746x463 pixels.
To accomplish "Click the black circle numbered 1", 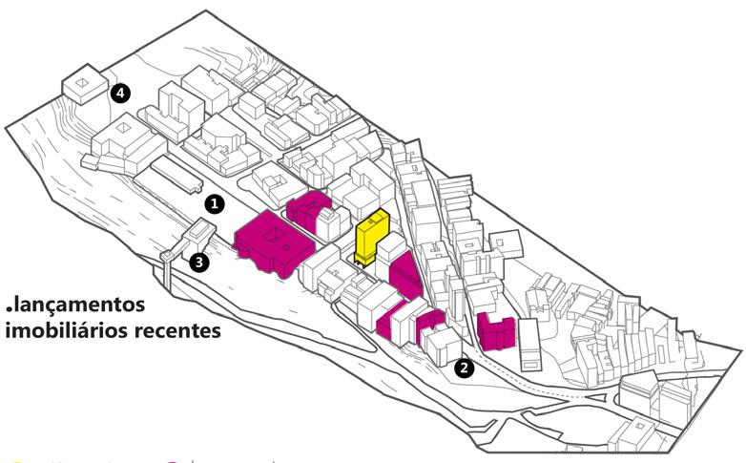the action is [216, 203].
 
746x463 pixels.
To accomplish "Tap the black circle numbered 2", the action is [464, 367].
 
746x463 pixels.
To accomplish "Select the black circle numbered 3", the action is [198, 262].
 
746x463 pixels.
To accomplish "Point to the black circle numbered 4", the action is [119, 93].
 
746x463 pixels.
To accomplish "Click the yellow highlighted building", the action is [370, 238].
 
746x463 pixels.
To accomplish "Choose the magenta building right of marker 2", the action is [496, 332].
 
